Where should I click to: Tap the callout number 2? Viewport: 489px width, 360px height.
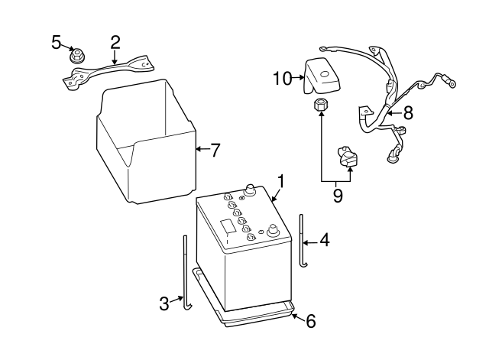point(115,41)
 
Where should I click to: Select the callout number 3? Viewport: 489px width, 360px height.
point(164,303)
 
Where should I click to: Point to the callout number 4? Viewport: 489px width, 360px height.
point(324,241)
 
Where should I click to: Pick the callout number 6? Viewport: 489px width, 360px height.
point(310,321)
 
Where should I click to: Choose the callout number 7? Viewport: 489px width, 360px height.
point(215,150)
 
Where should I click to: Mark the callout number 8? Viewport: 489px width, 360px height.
point(408,113)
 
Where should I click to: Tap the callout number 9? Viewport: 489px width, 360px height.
point(337,196)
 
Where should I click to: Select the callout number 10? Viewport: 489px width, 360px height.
point(282,78)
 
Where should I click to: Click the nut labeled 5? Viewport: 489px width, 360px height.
point(76,55)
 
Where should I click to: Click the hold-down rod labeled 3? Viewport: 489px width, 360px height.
point(185,275)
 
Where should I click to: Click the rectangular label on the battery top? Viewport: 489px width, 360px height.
point(228,226)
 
